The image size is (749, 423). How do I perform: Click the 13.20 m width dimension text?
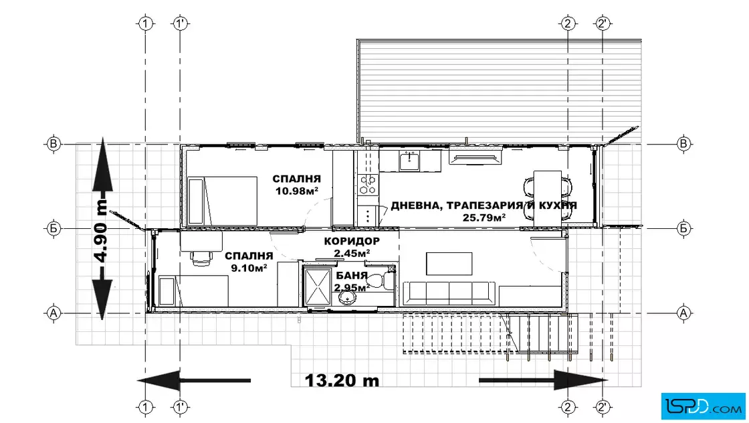tap(342, 380)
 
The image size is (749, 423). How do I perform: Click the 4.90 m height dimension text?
tap(101, 228)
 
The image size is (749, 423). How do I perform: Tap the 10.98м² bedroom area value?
tap(297, 191)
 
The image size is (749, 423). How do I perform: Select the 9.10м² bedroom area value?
tap(249, 268)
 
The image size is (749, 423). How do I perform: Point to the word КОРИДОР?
tap(352, 242)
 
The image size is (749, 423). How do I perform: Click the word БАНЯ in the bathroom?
tap(352, 276)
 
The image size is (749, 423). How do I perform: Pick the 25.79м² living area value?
tap(484, 218)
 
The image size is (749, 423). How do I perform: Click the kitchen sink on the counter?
tap(409, 161)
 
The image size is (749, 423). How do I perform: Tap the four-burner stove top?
tap(368, 185)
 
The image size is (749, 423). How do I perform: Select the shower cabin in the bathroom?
tap(318, 286)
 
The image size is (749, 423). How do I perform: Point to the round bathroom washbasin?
tap(347, 298)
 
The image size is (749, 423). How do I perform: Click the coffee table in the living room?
tap(449, 264)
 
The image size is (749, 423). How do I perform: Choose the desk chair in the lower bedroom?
tap(202, 258)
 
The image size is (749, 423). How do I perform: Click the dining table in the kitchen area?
tap(548, 198)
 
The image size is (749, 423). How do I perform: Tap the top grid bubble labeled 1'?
tap(180, 23)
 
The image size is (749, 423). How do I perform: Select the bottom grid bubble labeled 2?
tap(568, 407)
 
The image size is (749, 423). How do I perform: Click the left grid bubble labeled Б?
tap(53, 228)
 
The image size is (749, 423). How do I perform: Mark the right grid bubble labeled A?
tap(683, 313)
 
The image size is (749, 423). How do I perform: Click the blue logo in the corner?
tap(703, 406)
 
